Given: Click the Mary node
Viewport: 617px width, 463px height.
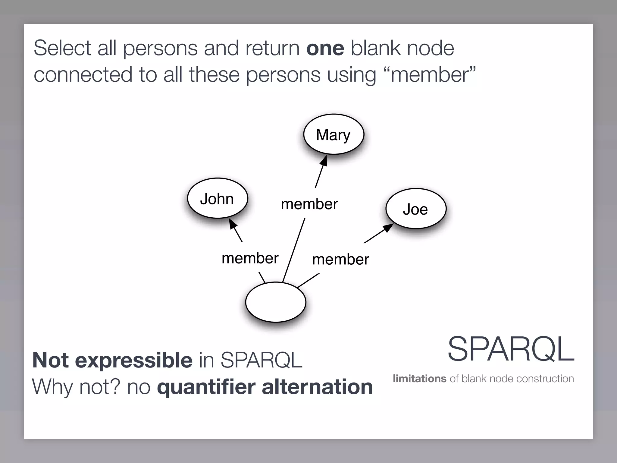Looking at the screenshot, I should (x=334, y=134).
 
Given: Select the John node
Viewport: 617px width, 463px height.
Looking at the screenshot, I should (x=217, y=198).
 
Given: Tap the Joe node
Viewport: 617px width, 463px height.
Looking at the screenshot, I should (x=416, y=209).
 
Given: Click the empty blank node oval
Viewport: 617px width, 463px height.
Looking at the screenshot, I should (x=276, y=302).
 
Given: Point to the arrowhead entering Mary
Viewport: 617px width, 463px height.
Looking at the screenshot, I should (x=324, y=161).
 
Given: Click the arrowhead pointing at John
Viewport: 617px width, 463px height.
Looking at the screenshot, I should (x=232, y=223).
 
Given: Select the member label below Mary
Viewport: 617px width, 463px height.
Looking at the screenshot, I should (x=309, y=204).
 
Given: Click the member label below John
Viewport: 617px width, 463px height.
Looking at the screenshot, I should (x=250, y=258).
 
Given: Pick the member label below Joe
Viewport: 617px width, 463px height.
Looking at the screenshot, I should (x=340, y=260).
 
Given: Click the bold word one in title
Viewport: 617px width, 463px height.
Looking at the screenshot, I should (x=325, y=48).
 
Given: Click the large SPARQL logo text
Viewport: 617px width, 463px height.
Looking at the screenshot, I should (x=511, y=349).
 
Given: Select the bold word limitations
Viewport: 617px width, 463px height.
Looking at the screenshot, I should (x=419, y=379).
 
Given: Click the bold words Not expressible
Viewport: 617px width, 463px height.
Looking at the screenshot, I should (x=112, y=360).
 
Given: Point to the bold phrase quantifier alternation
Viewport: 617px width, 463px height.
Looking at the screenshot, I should (x=265, y=387).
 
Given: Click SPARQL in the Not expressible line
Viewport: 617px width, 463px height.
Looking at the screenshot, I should (x=261, y=360).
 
